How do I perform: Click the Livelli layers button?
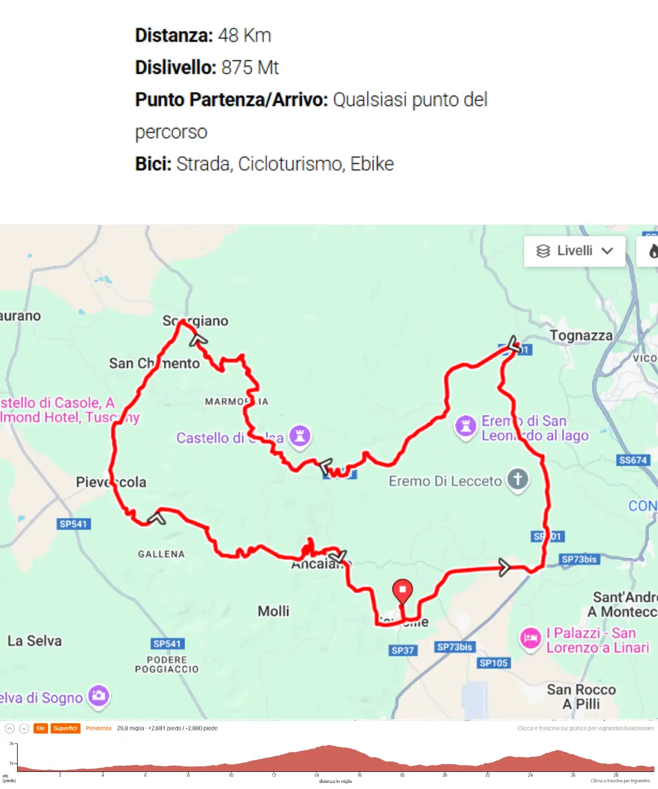click(x=574, y=251)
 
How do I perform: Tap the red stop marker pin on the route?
click(x=402, y=590)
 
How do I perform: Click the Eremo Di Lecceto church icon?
click(x=518, y=479)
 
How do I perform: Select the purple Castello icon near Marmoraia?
click(x=300, y=436)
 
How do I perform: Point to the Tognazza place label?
click(x=581, y=336)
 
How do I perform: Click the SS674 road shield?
click(x=632, y=460)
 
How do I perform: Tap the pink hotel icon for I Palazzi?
click(x=530, y=639)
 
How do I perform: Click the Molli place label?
click(x=274, y=611)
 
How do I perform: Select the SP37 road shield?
click(x=403, y=650)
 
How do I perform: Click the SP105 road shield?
click(x=493, y=663)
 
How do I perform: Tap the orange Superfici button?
click(x=65, y=728)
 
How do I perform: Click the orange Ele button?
click(x=41, y=728)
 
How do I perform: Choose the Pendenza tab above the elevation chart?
click(x=99, y=728)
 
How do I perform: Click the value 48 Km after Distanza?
click(x=244, y=35)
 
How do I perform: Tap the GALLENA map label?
click(x=161, y=554)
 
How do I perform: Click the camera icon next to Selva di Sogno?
click(x=99, y=695)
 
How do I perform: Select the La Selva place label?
click(x=35, y=641)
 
